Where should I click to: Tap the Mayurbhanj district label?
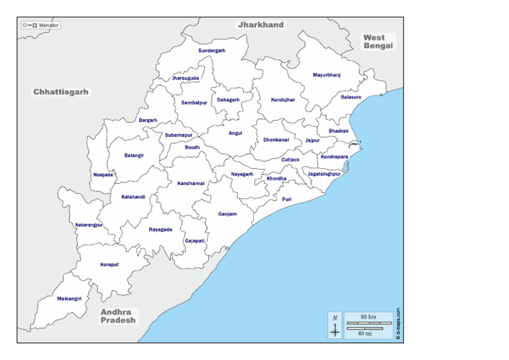click(326, 75)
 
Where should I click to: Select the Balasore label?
click(351, 97)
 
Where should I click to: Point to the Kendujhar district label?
click(282, 99)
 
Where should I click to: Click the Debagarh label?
click(227, 100)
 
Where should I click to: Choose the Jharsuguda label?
click(185, 78)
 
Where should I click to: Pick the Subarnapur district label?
click(179, 135)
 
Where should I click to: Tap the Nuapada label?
click(103, 175)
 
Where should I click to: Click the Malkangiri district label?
click(69, 299)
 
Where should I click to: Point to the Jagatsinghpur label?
click(324, 173)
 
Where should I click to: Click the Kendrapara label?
click(334, 157)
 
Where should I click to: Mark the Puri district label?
click(286, 199)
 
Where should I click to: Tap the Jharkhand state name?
click(260, 25)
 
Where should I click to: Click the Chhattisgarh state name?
click(61, 92)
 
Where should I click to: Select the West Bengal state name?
click(378, 42)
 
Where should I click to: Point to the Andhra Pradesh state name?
click(118, 316)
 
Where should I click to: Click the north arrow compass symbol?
click(335, 326)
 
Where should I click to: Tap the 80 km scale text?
click(368, 318)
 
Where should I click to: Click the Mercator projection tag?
click(40, 25)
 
